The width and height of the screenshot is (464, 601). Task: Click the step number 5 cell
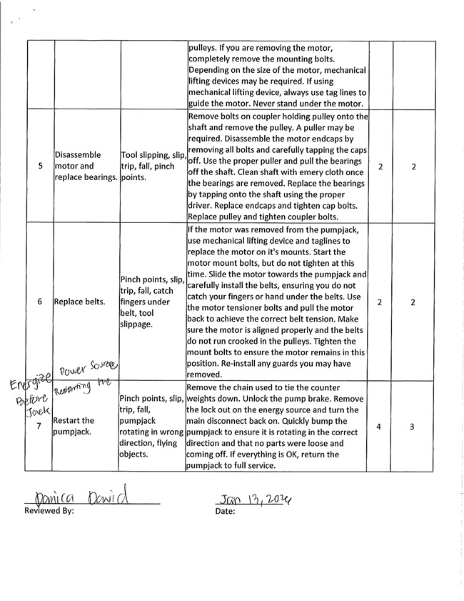pyautogui.click(x=40, y=166)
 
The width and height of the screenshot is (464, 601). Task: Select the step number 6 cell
pyautogui.click(x=40, y=302)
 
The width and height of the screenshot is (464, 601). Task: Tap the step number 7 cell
pyautogui.click(x=40, y=426)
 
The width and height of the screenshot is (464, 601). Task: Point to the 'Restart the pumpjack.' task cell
pyautogui.click(x=74, y=426)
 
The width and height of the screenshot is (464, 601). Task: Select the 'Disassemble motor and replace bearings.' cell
pyautogui.click(x=86, y=166)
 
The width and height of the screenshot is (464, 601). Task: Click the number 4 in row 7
pyautogui.click(x=378, y=426)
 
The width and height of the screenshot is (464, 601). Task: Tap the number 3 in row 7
pyautogui.click(x=413, y=426)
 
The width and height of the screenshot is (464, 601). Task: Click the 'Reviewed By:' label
pyautogui.click(x=49, y=512)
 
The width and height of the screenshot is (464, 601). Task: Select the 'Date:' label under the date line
pyautogui.click(x=226, y=512)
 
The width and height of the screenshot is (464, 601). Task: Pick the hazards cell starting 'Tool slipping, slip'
pyautogui.click(x=153, y=166)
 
